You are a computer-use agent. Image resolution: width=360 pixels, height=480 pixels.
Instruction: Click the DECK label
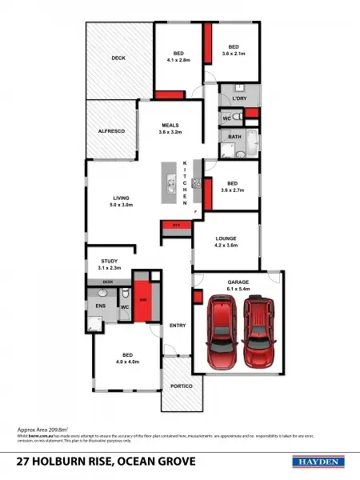[118, 58]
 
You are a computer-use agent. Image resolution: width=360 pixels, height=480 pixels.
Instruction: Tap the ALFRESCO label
[112, 130]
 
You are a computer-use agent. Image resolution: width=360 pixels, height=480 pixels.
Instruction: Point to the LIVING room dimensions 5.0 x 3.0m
[121, 206]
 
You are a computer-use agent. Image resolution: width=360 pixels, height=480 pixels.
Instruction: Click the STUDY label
[110, 261]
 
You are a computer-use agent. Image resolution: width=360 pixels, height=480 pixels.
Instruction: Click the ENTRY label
[178, 326]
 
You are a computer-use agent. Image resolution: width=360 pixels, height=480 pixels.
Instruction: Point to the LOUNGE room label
[226, 238]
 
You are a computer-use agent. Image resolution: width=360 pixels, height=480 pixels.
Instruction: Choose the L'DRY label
[239, 98]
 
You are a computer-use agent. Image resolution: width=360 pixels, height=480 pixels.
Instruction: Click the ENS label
[102, 306]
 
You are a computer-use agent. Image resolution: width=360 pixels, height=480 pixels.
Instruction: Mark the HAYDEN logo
[318, 462]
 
